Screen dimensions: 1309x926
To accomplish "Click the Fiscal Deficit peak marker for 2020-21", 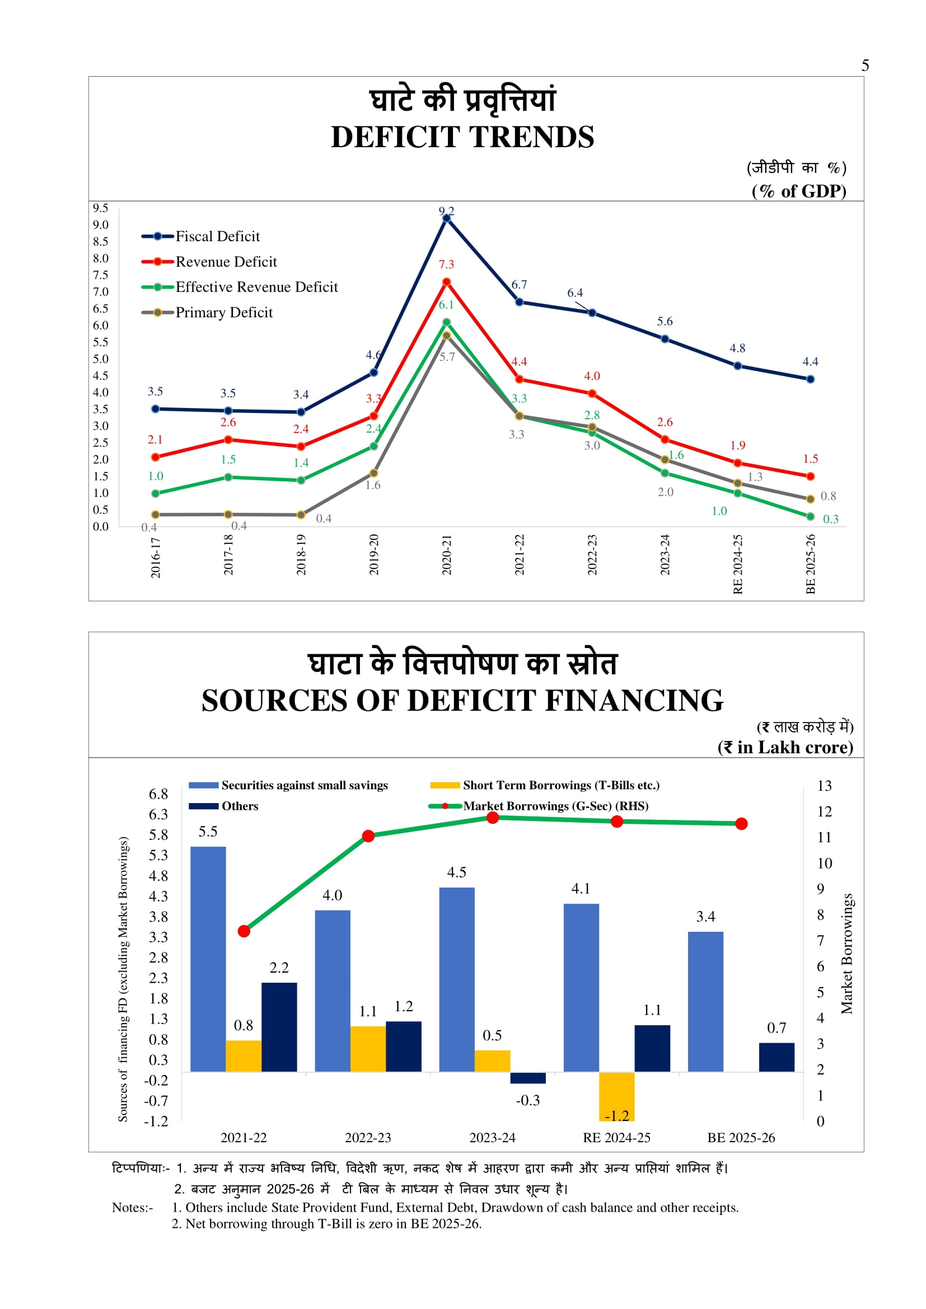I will pos(446,218).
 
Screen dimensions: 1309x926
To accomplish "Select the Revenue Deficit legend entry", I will pos(226,262).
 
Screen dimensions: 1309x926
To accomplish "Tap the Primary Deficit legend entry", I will pos(223,312).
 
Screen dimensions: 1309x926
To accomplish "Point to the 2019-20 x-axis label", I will pos(373,555).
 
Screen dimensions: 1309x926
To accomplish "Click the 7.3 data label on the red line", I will pos(446,264).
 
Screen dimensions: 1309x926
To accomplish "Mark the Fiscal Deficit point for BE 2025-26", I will pos(810,379).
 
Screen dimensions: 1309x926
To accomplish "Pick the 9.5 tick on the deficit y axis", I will pos(101,208).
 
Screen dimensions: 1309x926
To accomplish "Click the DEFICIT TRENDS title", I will pos(462,138).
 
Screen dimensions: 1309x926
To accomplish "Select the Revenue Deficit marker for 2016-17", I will pos(155,457).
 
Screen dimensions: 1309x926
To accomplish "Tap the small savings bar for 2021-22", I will pos(208,959).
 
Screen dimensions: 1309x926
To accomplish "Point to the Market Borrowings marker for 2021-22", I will pos(244,931).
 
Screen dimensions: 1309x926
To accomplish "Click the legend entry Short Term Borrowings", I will pos(560,785).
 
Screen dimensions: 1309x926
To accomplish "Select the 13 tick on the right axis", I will pos(824,786).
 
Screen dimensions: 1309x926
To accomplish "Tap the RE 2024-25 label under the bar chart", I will pos(616,1137).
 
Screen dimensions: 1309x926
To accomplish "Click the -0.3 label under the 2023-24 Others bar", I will pos(527,1100).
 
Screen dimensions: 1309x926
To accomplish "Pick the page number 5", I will pos(865,65).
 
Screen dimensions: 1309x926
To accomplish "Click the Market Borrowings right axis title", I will pos(847,953).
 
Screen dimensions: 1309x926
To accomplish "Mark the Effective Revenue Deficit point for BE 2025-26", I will pos(810,517).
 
